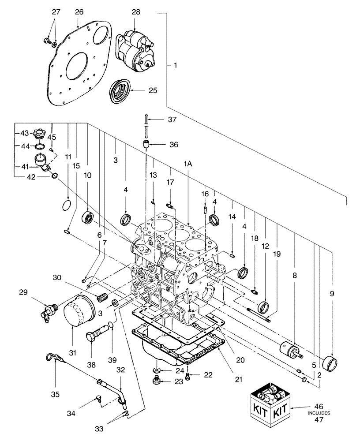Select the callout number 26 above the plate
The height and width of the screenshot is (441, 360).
(x=79, y=12)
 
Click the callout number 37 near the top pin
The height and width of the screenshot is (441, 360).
(x=172, y=119)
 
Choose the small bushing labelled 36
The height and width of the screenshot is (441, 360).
(x=146, y=144)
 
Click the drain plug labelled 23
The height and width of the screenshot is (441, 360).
(x=156, y=381)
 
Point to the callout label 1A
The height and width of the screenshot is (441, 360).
(x=187, y=164)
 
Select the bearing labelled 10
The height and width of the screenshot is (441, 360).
(x=88, y=217)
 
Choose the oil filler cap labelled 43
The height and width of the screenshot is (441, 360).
(x=40, y=132)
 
